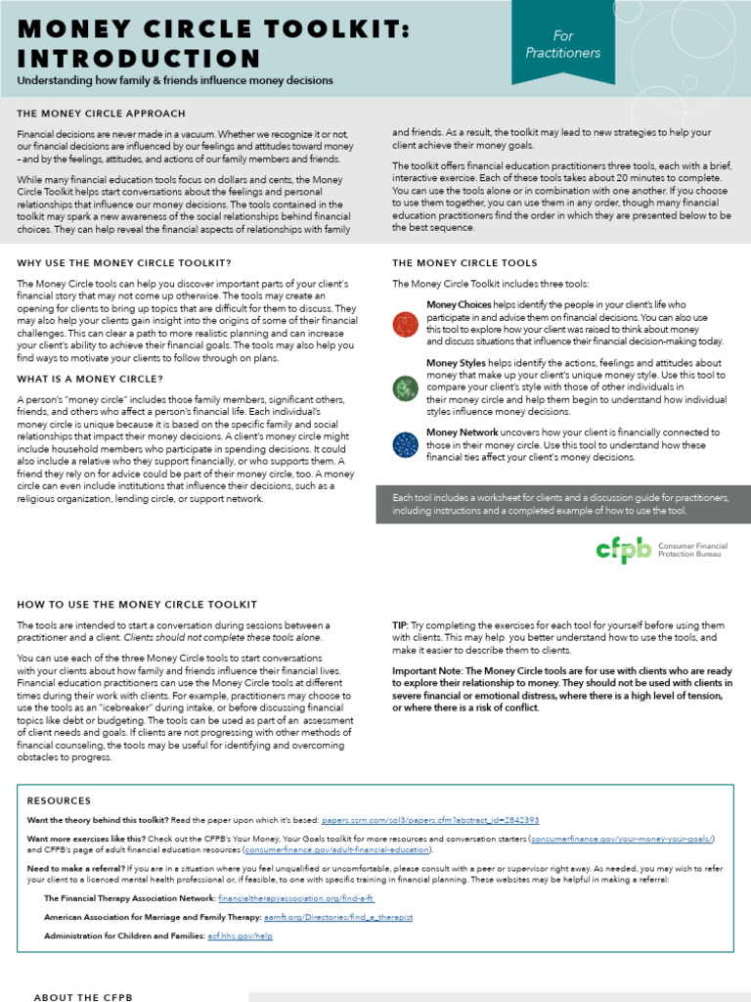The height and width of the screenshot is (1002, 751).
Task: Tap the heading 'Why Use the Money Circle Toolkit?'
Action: pos(124,263)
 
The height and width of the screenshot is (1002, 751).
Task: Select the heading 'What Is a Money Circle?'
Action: pos(90,379)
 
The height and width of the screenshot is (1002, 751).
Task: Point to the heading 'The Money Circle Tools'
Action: pos(464,263)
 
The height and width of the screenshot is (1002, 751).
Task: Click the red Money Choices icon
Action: pos(405,325)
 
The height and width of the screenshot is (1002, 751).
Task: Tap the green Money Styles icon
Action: pos(405,388)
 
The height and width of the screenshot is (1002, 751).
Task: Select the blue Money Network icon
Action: pos(405,444)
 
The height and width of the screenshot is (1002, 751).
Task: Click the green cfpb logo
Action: pos(623,550)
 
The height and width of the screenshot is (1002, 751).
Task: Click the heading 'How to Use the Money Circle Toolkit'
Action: pos(137,605)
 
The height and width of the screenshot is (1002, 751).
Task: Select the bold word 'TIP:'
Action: pos(401,624)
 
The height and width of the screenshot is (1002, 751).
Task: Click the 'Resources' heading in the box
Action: pos(59,799)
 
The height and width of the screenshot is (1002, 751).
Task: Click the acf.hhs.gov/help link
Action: pos(240,935)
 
